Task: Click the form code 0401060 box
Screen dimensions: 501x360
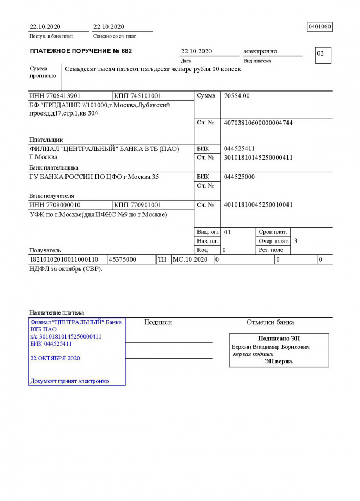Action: [320, 27]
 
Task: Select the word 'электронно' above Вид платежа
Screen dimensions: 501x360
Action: [260, 51]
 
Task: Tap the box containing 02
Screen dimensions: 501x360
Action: [322, 55]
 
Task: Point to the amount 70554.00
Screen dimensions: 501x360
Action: [237, 96]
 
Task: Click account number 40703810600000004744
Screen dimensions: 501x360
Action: [258, 123]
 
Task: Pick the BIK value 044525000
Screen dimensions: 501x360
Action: [239, 177]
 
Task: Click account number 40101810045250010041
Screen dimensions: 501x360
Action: [258, 205]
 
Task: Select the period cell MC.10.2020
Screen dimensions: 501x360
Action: [190, 259]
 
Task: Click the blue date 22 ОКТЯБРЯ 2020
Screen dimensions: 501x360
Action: [55, 358]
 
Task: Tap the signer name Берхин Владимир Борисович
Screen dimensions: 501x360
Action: [271, 347]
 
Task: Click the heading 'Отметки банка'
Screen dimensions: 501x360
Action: [270, 322]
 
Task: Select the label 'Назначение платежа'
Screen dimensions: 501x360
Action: [57, 313]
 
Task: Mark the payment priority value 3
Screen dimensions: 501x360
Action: [296, 241]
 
